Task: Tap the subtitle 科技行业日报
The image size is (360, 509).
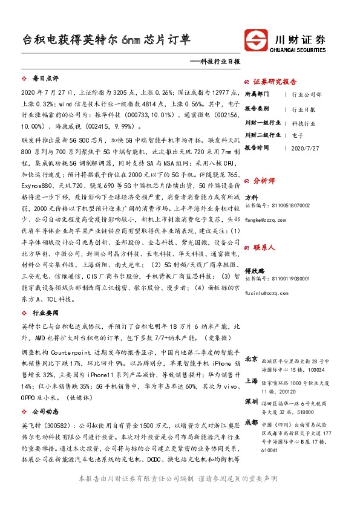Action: tap(217, 62)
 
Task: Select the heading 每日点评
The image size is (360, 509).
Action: tap(45, 79)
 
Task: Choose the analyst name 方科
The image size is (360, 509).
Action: tap(252, 196)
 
